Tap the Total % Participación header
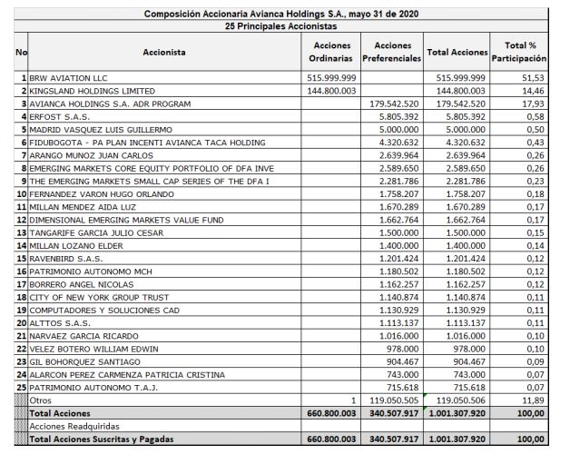point(519,52)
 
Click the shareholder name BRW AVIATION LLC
point(68,79)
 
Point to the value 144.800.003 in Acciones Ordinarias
point(331,92)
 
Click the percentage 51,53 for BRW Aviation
point(536,79)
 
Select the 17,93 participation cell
point(536,104)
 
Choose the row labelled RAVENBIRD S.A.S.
point(65,258)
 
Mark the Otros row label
point(41,399)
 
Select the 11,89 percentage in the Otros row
point(536,399)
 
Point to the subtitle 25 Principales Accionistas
point(287,26)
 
